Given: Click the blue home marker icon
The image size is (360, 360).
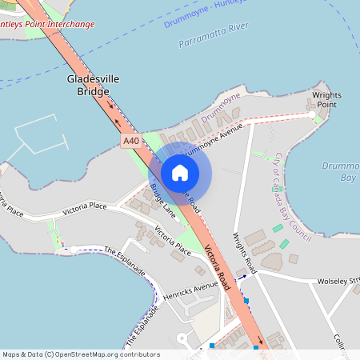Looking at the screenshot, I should click(180, 172).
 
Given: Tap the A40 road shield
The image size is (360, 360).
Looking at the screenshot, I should click(131, 141).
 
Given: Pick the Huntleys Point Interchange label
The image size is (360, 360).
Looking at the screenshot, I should click(46, 24).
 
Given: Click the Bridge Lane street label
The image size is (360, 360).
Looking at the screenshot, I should click(162, 201).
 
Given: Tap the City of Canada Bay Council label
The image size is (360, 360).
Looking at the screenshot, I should click(292, 196).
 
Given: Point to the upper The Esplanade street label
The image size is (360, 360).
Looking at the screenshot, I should click(125, 261).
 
